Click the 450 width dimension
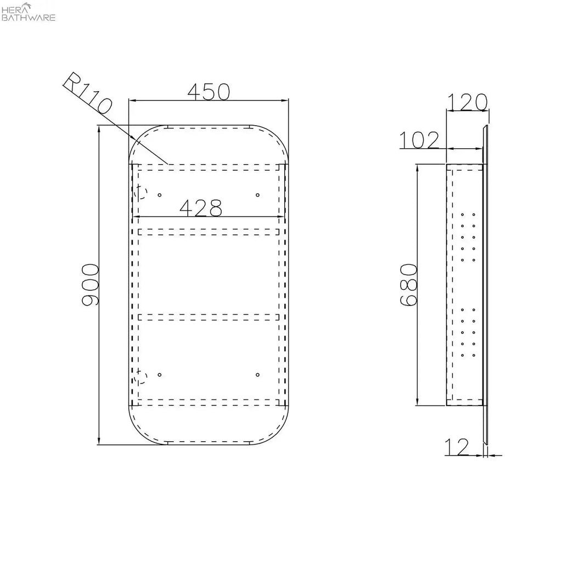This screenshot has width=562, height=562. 209,92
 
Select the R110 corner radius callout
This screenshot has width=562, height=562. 88,93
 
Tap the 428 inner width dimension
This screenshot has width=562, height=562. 201,208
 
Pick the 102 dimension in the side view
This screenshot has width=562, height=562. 419,140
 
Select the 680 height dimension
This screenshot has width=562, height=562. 409,285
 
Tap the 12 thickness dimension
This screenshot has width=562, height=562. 457,447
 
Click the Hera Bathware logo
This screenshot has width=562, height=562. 29,12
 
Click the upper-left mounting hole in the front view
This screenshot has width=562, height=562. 160,195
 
